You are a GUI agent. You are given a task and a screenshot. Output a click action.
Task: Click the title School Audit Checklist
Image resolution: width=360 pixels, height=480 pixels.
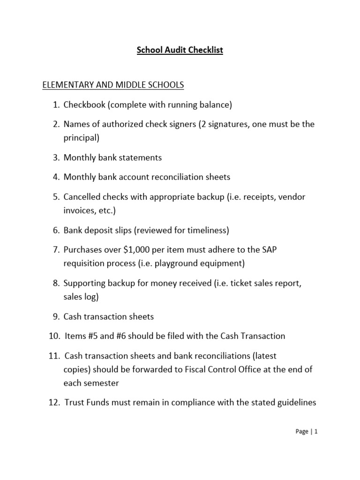pyautogui.click(x=180, y=50)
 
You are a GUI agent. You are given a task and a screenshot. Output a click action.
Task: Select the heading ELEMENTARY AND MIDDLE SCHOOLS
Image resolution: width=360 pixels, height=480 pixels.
pyautogui.click(x=113, y=85)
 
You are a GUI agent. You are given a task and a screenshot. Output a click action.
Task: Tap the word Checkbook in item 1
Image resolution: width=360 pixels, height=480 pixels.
pyautogui.click(x=85, y=105)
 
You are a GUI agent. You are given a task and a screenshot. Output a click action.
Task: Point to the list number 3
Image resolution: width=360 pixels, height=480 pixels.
pyautogui.click(x=55, y=157)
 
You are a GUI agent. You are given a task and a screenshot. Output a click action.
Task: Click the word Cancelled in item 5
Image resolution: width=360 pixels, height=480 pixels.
pyautogui.click(x=82, y=197)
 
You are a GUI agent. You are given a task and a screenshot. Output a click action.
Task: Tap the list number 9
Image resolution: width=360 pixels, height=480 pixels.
pyautogui.click(x=55, y=317)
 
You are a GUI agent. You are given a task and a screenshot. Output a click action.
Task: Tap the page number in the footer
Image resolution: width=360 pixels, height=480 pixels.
pyautogui.click(x=316, y=432)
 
